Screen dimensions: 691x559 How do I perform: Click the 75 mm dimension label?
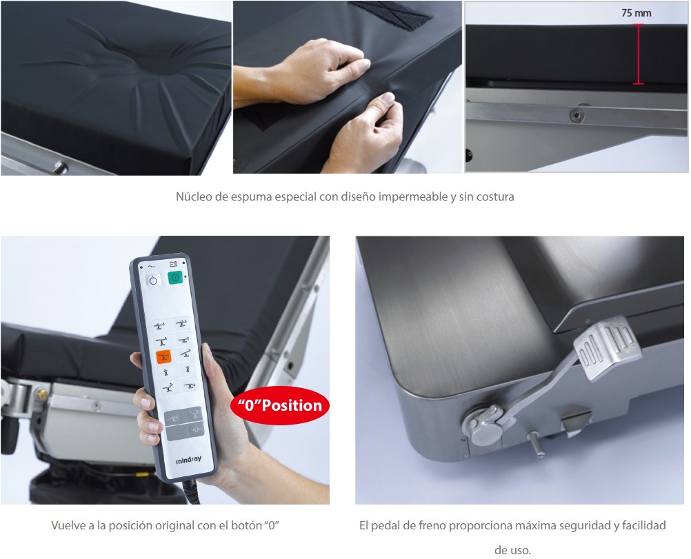click(x=636, y=13)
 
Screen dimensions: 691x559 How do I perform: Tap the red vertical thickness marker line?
click(x=638, y=54)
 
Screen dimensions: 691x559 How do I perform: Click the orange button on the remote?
click(x=163, y=356)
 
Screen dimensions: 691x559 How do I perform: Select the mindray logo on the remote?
click(x=189, y=460)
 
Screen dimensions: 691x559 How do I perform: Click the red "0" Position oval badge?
click(x=280, y=405)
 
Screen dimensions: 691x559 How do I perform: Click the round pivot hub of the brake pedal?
click(x=483, y=425)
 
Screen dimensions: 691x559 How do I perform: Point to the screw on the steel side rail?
click(x=577, y=115)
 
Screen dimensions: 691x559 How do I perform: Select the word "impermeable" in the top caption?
click(x=413, y=196)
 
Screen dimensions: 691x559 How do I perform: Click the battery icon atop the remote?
click(x=174, y=264)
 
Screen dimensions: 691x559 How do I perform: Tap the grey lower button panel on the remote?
click(x=185, y=423)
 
